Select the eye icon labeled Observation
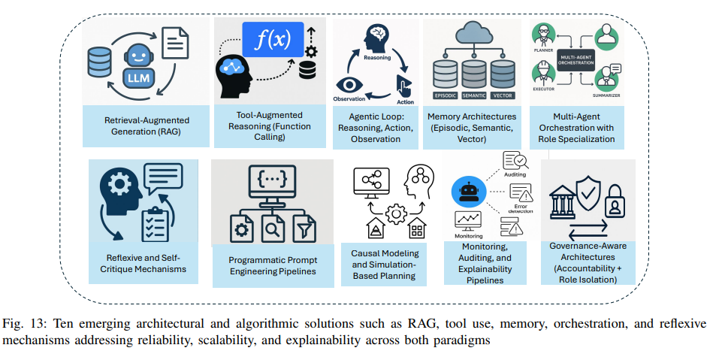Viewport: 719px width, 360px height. coord(349,85)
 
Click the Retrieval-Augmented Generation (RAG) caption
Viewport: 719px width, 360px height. coord(147,126)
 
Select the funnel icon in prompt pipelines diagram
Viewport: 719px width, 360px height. coord(304,227)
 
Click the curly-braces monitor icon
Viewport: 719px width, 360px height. coord(272,185)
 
